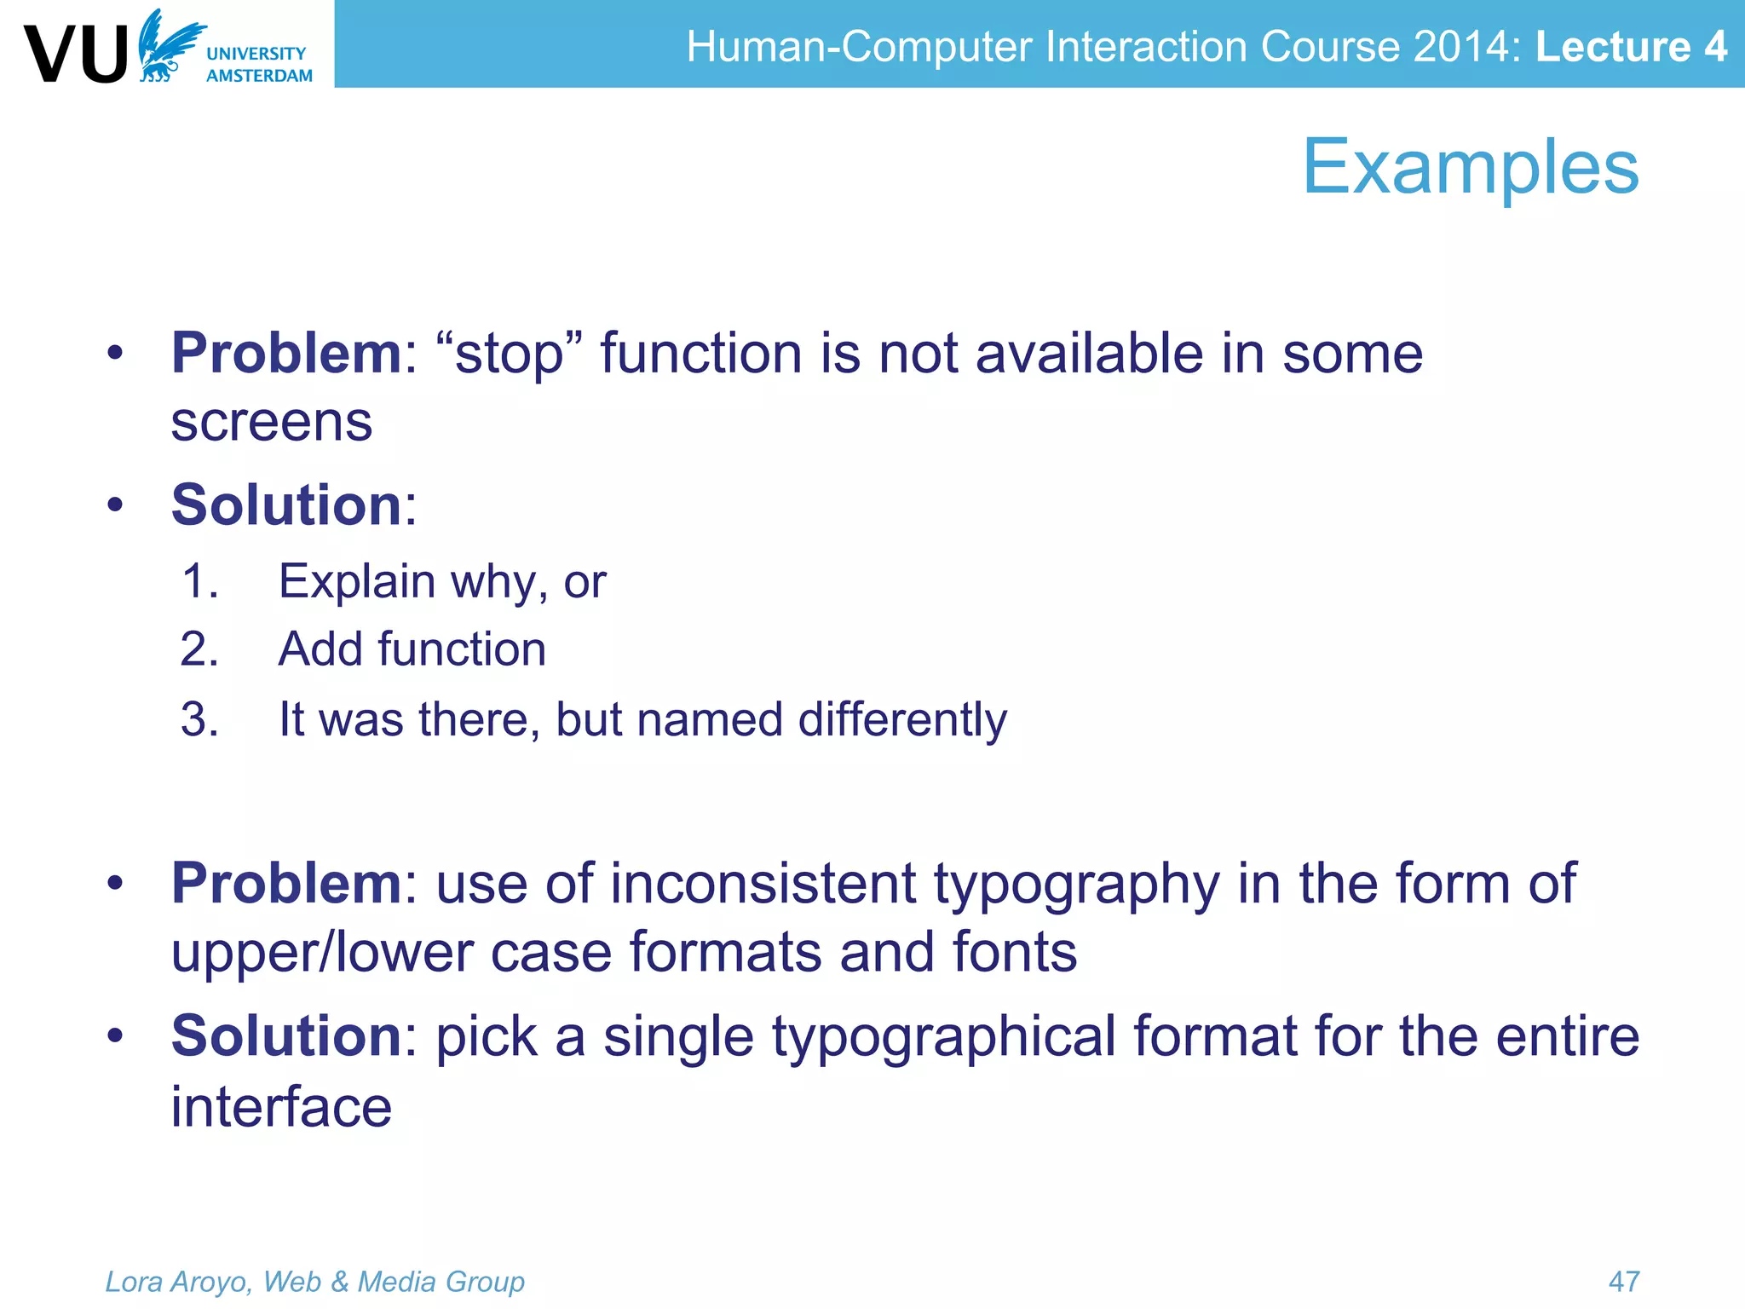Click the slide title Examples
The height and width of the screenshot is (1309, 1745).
(1470, 167)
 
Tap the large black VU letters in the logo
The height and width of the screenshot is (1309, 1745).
(77, 55)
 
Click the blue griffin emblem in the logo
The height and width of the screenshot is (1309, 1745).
(169, 47)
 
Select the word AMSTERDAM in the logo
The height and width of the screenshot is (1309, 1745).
(259, 76)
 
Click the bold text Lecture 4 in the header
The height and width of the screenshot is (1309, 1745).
(1631, 46)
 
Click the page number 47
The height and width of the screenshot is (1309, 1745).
(1623, 1281)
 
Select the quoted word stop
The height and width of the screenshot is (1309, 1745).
(509, 354)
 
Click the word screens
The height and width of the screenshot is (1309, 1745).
(271, 422)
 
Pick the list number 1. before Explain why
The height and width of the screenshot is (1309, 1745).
(200, 582)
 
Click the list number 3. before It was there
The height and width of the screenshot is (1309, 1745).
(200, 720)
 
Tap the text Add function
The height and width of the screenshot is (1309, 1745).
(412, 649)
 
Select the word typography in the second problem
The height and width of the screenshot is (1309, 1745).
(1076, 885)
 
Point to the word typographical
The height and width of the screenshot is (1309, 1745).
(943, 1037)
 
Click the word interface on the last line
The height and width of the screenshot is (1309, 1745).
(281, 1107)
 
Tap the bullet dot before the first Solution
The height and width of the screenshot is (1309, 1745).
(116, 505)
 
